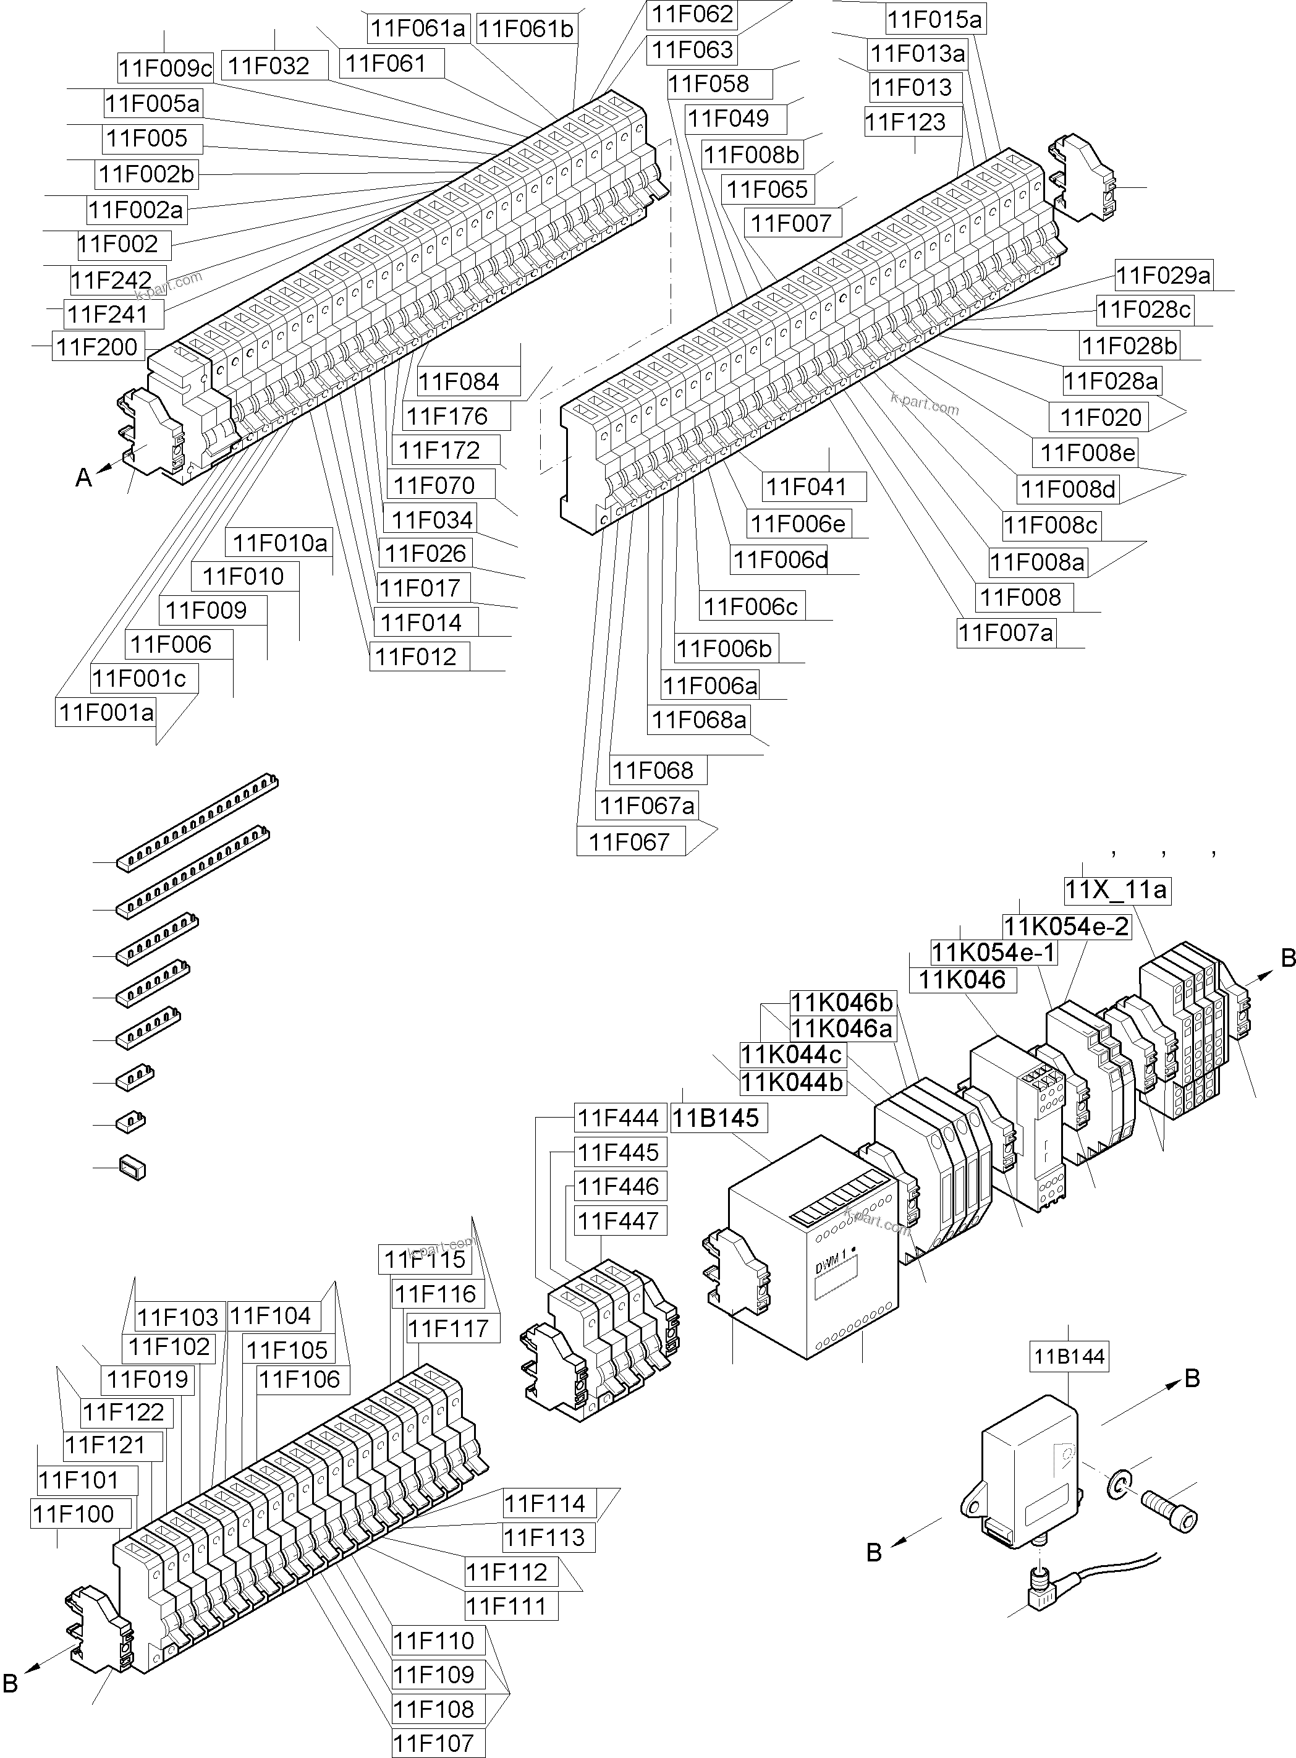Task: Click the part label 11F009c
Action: pos(166,68)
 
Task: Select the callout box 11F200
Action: pos(97,347)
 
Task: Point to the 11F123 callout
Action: pos(905,122)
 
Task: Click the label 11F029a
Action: pos(1163,275)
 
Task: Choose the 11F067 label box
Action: pos(629,842)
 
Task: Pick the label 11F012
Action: pos(416,656)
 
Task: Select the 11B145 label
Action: pos(716,1118)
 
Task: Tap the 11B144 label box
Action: pos(1069,1356)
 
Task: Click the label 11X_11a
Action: pos(1116,890)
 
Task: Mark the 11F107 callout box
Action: pos(434,1743)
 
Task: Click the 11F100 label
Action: pos(73,1514)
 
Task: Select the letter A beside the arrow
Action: pos(83,478)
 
